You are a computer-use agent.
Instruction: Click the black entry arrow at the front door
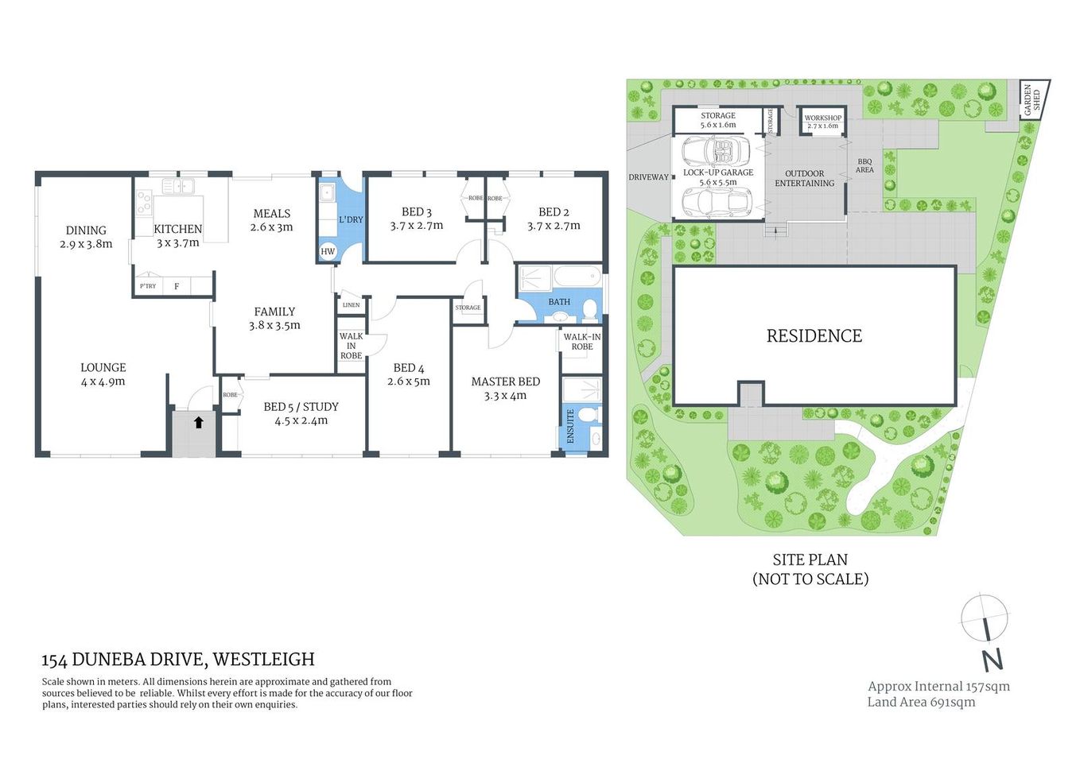[x=199, y=423]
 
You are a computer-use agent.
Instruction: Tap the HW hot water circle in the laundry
[x=328, y=251]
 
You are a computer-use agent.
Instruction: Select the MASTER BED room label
[x=505, y=381]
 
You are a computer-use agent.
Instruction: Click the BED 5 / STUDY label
[x=301, y=407]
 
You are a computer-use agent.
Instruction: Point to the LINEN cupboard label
[x=351, y=305]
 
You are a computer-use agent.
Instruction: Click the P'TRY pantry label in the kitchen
[x=148, y=286]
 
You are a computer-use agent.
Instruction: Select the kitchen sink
[x=178, y=187]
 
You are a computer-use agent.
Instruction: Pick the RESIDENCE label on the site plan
[x=814, y=336]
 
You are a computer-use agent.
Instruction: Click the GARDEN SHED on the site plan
[x=1033, y=100]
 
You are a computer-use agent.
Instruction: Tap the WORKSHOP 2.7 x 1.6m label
[x=822, y=122]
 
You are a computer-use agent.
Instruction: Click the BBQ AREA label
[x=864, y=165]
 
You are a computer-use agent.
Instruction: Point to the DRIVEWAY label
[x=648, y=177]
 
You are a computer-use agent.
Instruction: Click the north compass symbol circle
[x=985, y=617]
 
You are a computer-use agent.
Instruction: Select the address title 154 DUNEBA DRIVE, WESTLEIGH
[x=178, y=660]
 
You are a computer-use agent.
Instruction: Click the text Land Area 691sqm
[x=921, y=702]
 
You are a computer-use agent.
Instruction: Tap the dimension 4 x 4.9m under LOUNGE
[x=103, y=381]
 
